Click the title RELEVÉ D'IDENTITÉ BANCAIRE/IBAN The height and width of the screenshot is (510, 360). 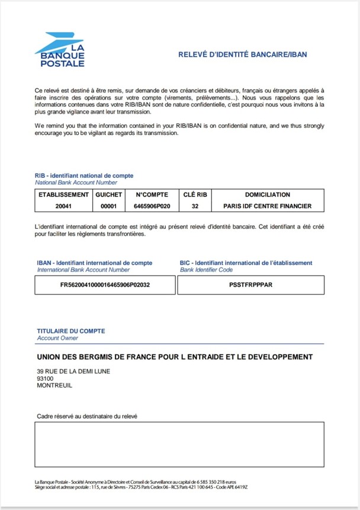click(242, 54)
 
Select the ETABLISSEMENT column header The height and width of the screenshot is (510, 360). click(63, 194)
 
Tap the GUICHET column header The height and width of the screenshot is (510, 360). click(108, 194)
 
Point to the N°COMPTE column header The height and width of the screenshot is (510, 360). click(152, 194)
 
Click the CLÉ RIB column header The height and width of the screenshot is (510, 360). click(195, 194)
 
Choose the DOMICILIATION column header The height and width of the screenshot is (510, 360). click(267, 194)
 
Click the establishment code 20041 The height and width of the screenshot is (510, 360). click(63, 206)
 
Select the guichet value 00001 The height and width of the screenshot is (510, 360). click(108, 206)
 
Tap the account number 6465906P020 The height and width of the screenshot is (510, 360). click(152, 206)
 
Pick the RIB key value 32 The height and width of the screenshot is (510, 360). click(195, 206)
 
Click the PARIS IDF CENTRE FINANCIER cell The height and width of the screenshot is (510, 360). click(267, 206)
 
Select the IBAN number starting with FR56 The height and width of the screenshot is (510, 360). click(105, 285)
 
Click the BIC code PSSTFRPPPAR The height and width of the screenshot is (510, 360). click(250, 285)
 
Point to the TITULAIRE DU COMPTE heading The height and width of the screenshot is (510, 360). click(71, 331)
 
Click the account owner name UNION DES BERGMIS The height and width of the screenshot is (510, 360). click(175, 357)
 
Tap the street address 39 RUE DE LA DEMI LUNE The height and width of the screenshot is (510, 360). click(73, 371)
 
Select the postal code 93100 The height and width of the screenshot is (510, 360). click(45, 379)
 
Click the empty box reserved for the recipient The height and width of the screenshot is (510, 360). click(179, 444)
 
